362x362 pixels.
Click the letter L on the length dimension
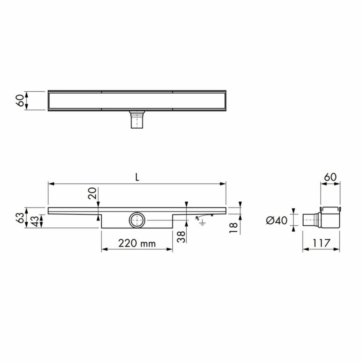click(x=137, y=177)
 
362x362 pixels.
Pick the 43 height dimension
click(x=36, y=221)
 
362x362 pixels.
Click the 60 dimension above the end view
click(x=330, y=177)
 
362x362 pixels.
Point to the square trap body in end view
click(x=330, y=217)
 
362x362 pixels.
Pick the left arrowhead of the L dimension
click(x=51, y=184)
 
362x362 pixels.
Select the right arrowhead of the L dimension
click(x=223, y=184)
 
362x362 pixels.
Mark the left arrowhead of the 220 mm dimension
click(x=103, y=249)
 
